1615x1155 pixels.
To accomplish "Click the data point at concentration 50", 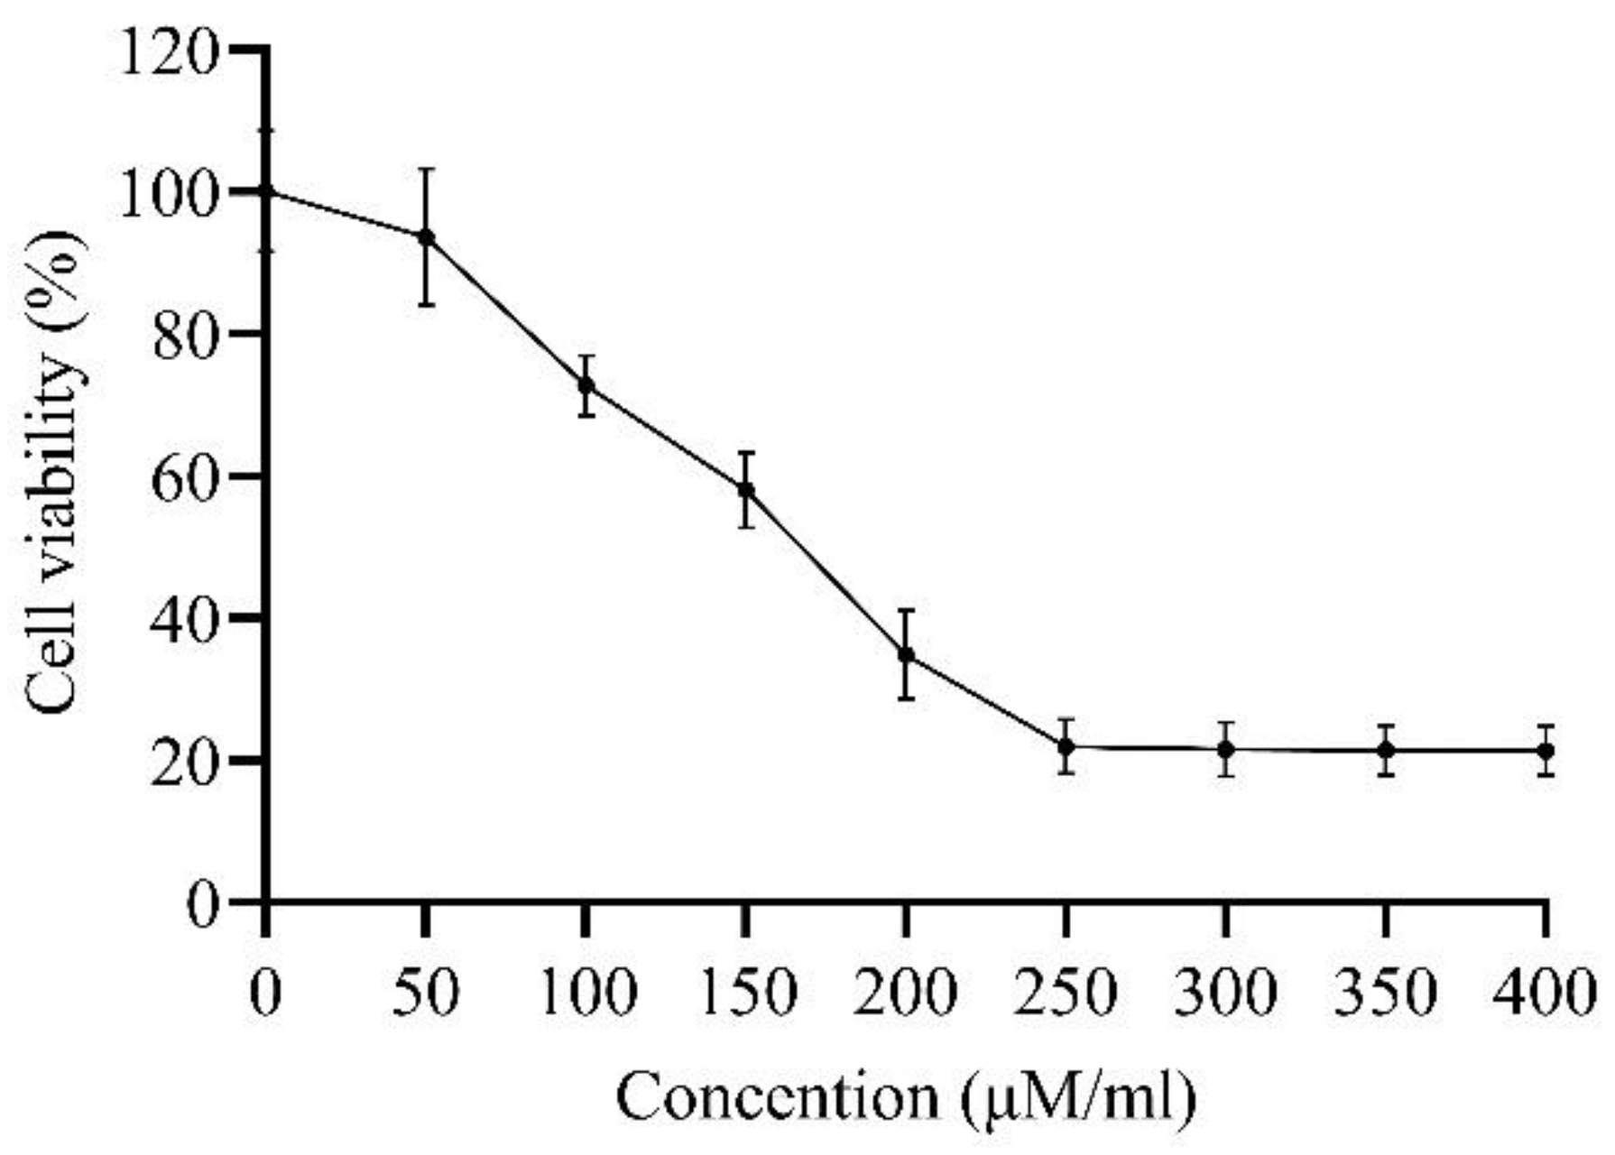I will [x=426, y=237].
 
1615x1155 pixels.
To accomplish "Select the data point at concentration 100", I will [x=586, y=385].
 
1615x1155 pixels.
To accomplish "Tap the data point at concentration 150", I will [x=746, y=490].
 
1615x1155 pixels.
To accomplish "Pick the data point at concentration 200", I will [x=906, y=655].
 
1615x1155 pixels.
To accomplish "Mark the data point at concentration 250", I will [x=1066, y=746].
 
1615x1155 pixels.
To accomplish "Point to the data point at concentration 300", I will [x=1226, y=749].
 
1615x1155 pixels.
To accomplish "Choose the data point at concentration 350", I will [x=1387, y=750].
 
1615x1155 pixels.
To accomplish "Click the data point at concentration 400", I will [x=1546, y=750].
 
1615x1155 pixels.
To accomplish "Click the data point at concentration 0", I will [x=266, y=191].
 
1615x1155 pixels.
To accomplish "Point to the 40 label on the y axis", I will [x=185, y=619].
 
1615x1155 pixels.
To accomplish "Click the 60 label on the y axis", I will [x=185, y=476].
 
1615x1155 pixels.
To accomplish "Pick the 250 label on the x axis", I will [x=1066, y=993].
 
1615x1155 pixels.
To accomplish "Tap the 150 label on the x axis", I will [x=746, y=993].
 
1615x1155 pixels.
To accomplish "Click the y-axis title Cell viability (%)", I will [x=56, y=474].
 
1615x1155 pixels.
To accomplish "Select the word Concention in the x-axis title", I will [x=778, y=1097].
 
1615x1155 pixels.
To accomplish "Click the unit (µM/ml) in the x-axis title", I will [x=1078, y=1097].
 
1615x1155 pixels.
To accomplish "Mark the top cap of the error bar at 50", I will [x=426, y=169].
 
